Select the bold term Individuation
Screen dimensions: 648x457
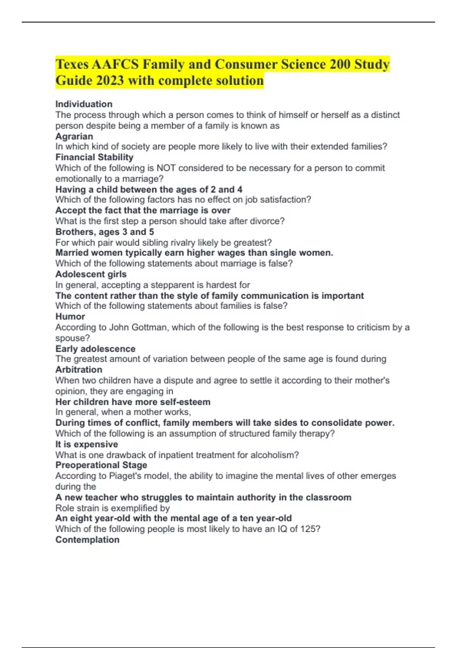[84, 104]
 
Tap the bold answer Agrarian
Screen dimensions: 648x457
[74, 136]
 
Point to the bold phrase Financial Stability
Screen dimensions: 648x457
[94, 157]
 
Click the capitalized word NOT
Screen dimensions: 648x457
[166, 168]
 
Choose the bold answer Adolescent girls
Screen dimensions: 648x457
[91, 274]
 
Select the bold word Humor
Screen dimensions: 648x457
[70, 317]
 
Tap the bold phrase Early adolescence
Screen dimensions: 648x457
[96, 349]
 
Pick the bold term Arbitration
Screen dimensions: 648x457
[79, 370]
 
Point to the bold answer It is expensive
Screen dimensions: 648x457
[87, 444]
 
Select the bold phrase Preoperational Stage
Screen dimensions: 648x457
[101, 465]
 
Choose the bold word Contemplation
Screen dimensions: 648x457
[88, 540]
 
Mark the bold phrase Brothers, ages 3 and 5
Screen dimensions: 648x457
[105, 232]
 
